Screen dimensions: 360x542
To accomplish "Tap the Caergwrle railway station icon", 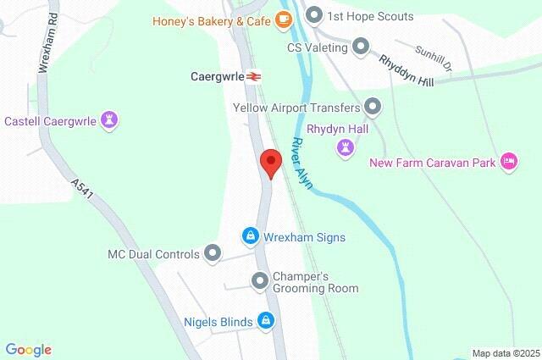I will pos(253,76).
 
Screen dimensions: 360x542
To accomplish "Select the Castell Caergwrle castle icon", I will pos(108,120).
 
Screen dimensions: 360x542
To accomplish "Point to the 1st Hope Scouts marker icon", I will pos(315,15).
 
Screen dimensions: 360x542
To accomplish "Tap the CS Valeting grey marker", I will pos(362,47).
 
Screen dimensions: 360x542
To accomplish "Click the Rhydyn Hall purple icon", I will pos(345,148).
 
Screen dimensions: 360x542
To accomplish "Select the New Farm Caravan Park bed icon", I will pos(508,161).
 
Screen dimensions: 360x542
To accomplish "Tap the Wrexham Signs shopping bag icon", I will pos(250,235).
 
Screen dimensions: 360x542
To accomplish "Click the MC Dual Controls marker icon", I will pos(213,253).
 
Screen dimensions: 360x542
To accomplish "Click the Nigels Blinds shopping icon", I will pos(266,320).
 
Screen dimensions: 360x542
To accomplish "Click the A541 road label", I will pos(83,190).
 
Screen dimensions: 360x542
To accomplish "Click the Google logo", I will pos(28,350).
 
